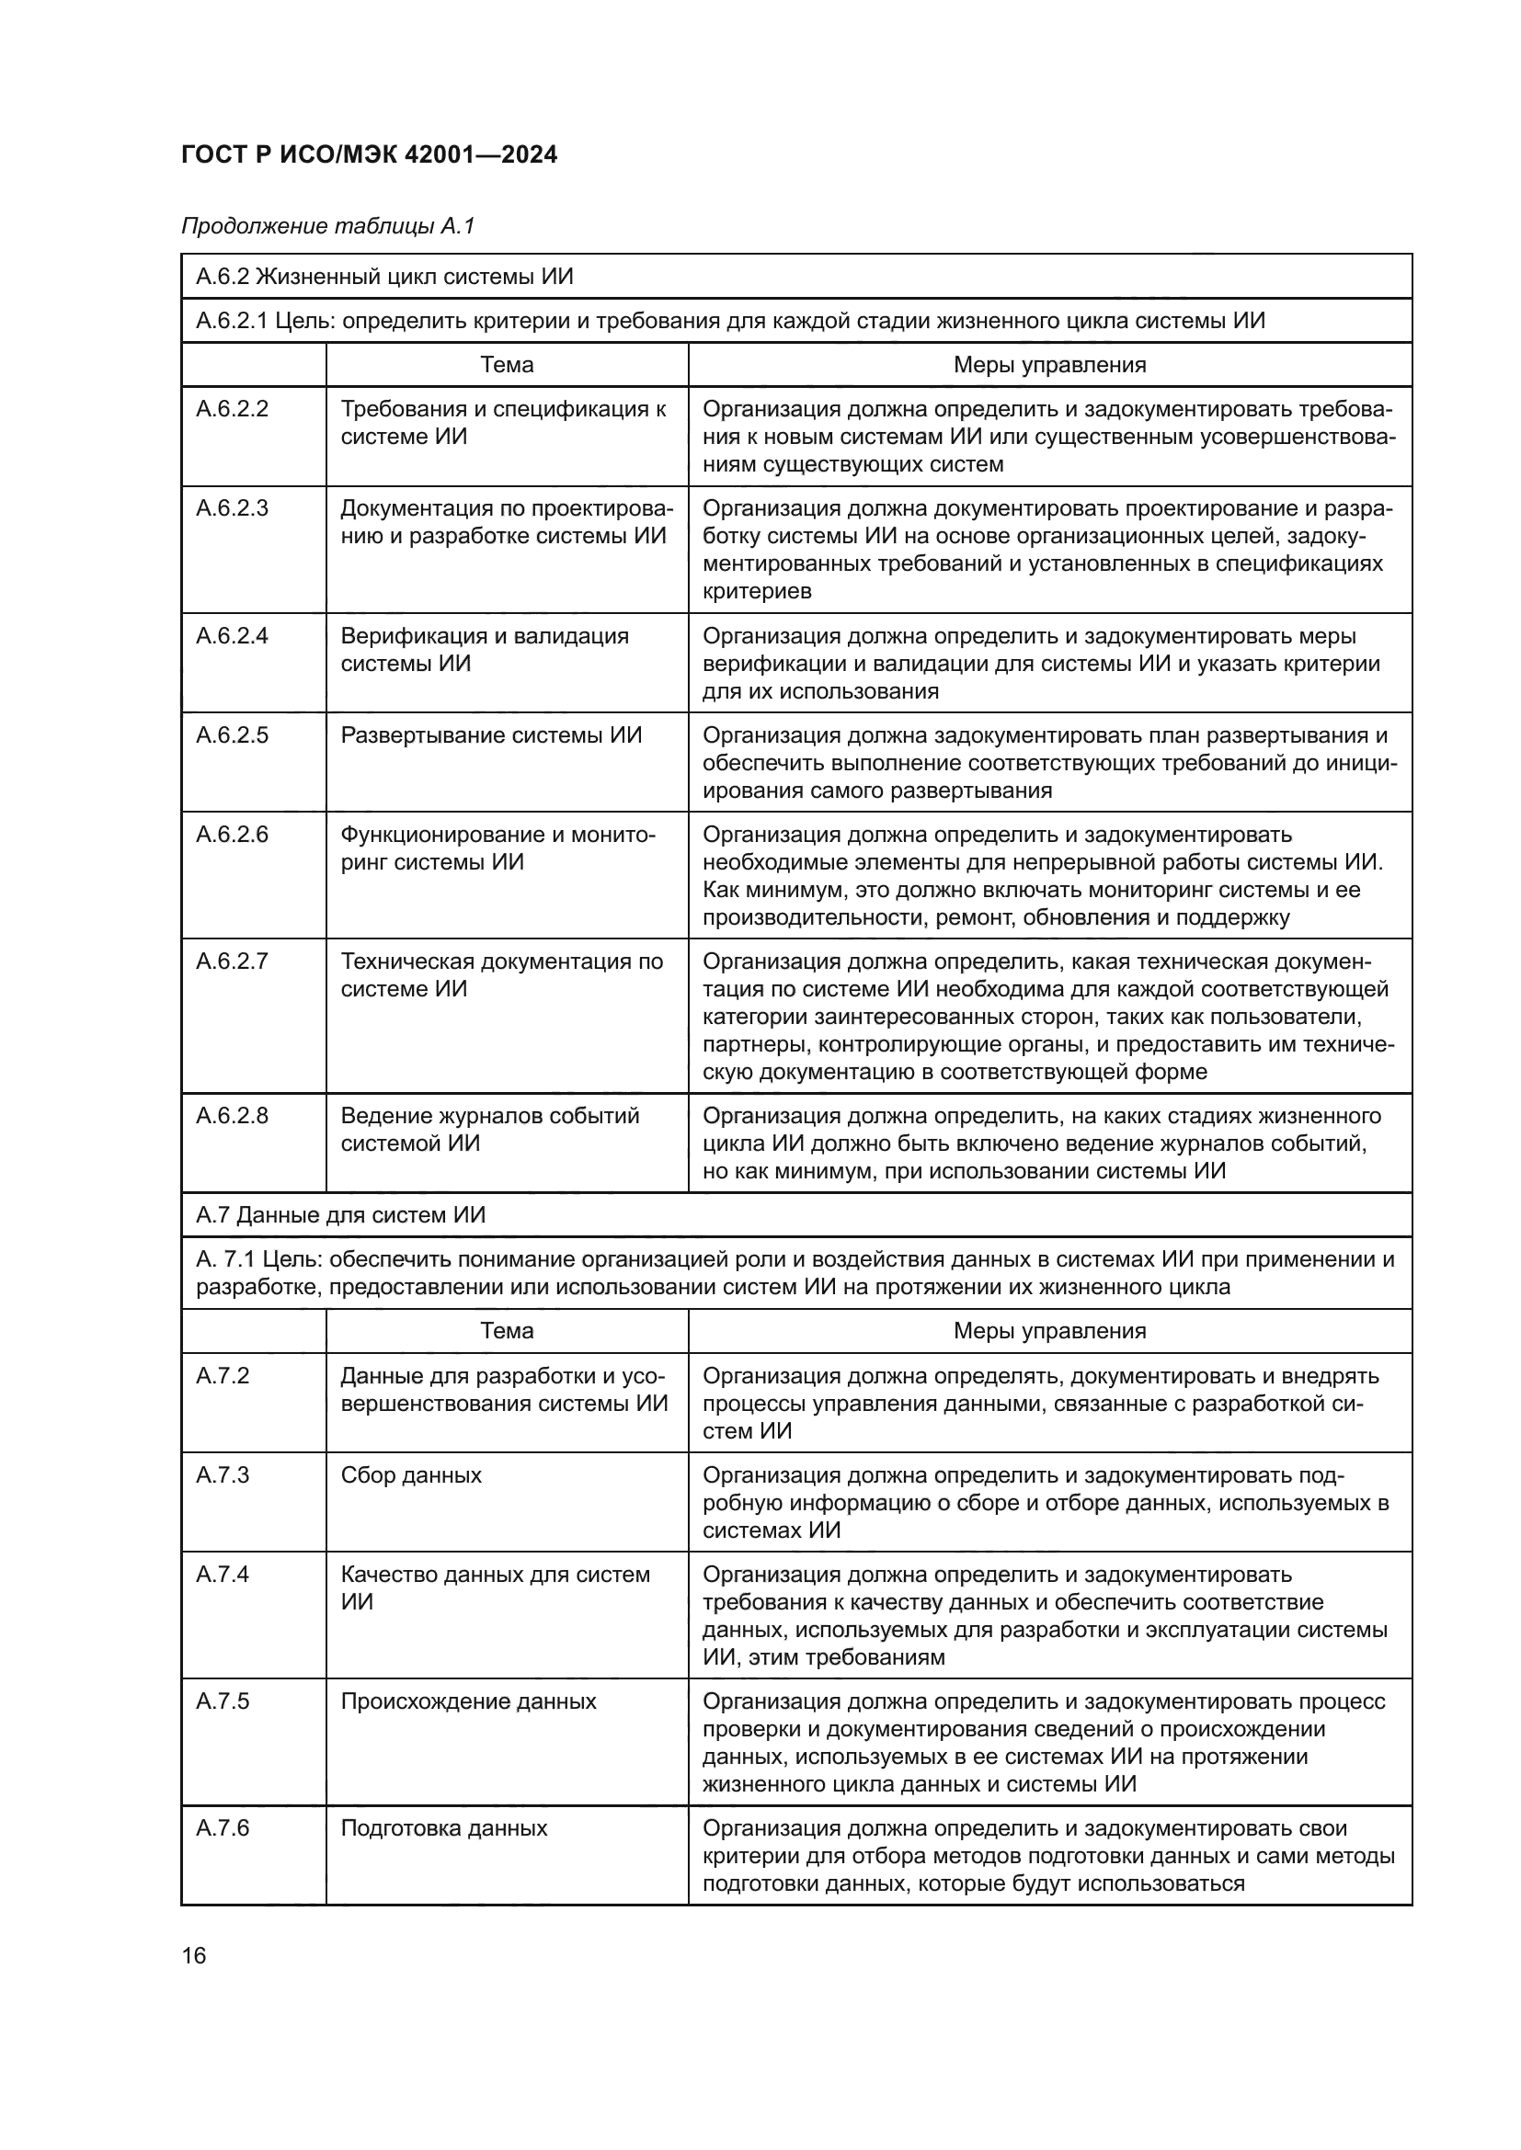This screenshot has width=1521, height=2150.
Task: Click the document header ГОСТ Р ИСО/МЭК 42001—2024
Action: (x=369, y=154)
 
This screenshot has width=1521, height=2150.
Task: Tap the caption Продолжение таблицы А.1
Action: (x=327, y=226)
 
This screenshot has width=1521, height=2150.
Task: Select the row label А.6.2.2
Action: (x=232, y=409)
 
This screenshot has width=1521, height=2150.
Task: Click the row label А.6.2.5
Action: (x=232, y=735)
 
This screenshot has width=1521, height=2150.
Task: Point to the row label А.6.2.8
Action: (x=232, y=1115)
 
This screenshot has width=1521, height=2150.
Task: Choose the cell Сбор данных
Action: (x=410, y=1474)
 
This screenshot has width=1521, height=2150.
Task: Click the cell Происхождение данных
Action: (x=468, y=1701)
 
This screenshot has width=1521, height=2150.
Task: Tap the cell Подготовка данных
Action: (x=443, y=1828)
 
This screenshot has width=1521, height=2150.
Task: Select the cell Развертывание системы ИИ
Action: (x=491, y=735)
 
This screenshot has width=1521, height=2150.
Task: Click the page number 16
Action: (x=194, y=1955)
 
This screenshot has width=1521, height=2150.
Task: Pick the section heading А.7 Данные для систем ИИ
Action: (x=341, y=1214)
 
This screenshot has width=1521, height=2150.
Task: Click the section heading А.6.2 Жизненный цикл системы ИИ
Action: (x=384, y=277)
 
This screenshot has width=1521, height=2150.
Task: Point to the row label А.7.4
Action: (x=222, y=1574)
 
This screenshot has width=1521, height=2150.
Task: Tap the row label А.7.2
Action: (x=222, y=1376)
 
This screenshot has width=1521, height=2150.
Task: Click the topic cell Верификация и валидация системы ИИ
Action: (x=485, y=650)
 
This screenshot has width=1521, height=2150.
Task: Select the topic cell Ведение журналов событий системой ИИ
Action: (x=489, y=1130)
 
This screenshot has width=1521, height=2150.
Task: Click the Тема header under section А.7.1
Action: (x=507, y=1331)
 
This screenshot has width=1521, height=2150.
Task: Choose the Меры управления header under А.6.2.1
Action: (x=1049, y=364)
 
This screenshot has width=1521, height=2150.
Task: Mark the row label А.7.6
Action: (x=222, y=1828)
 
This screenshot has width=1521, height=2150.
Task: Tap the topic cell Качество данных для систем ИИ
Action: (x=495, y=1588)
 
